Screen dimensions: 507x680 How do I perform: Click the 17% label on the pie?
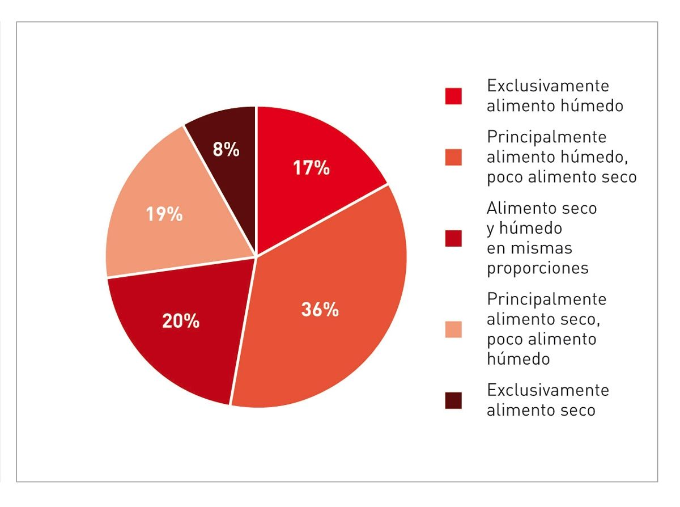[x=311, y=168]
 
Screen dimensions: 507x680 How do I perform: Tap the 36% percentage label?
[x=320, y=310]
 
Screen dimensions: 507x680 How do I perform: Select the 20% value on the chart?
[x=181, y=321]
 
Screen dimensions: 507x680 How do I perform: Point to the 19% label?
[x=164, y=214]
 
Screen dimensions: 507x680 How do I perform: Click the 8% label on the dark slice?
[x=226, y=150]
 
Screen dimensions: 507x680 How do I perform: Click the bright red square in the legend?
[x=453, y=96]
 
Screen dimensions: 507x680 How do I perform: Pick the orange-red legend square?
[x=453, y=157]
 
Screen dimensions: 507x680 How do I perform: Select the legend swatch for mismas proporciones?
[x=453, y=238]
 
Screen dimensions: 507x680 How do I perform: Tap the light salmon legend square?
[x=453, y=329]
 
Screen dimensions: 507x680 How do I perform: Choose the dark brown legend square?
[x=453, y=400]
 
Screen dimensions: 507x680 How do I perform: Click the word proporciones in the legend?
[x=537, y=268]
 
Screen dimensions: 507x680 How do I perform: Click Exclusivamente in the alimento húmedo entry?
[x=547, y=86]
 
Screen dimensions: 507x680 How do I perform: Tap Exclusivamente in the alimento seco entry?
[x=547, y=390]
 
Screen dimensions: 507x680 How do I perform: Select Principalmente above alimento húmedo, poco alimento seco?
[x=546, y=137]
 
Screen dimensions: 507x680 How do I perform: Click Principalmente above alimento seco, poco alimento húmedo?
[x=546, y=299]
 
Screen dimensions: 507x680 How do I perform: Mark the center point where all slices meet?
[x=256, y=256]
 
